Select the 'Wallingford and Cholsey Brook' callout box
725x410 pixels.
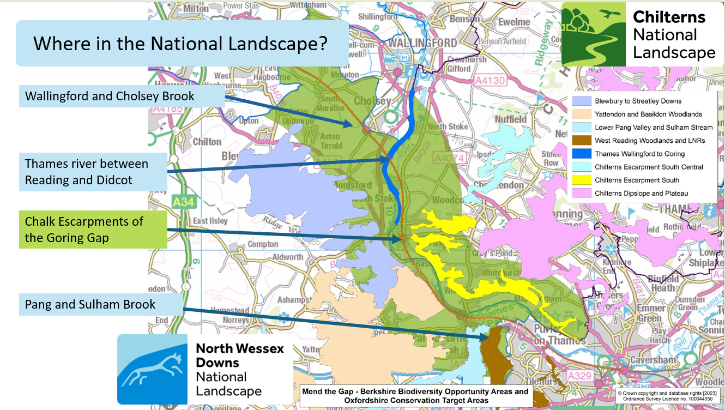[110, 97]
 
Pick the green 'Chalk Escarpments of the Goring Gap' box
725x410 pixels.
[84, 230]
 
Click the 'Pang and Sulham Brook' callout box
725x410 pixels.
[90, 304]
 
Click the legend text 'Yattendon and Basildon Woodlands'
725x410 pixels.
[648, 114]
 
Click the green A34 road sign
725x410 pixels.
[183, 202]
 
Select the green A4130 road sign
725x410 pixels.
[490, 81]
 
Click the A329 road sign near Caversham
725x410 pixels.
[579, 376]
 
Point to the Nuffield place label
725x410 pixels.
[511, 119]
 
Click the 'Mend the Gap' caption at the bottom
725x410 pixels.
[415, 396]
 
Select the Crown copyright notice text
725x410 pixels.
[669, 395]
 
